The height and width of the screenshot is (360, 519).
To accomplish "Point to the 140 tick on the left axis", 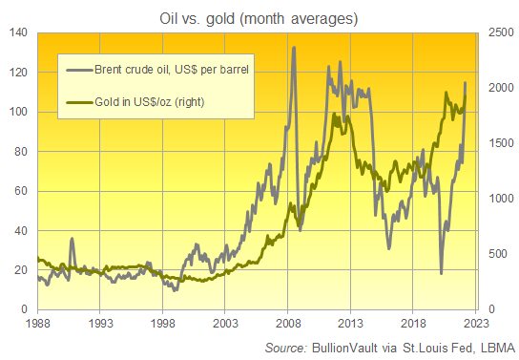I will pos(17,32).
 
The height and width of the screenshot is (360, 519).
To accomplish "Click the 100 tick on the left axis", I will pos(17,112).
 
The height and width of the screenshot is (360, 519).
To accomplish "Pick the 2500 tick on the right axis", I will pos(498,32).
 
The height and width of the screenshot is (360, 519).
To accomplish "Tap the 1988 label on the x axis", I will pos(38,324).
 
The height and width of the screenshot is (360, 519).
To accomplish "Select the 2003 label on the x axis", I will pos(225,324).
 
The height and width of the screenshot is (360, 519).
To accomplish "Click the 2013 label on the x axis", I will pos(350,324).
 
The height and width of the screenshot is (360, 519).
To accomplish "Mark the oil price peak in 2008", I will pos(293,47).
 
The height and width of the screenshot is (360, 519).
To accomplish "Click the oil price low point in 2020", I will pos(441,273).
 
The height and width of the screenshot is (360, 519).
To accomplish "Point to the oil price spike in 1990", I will pos(72,239).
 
